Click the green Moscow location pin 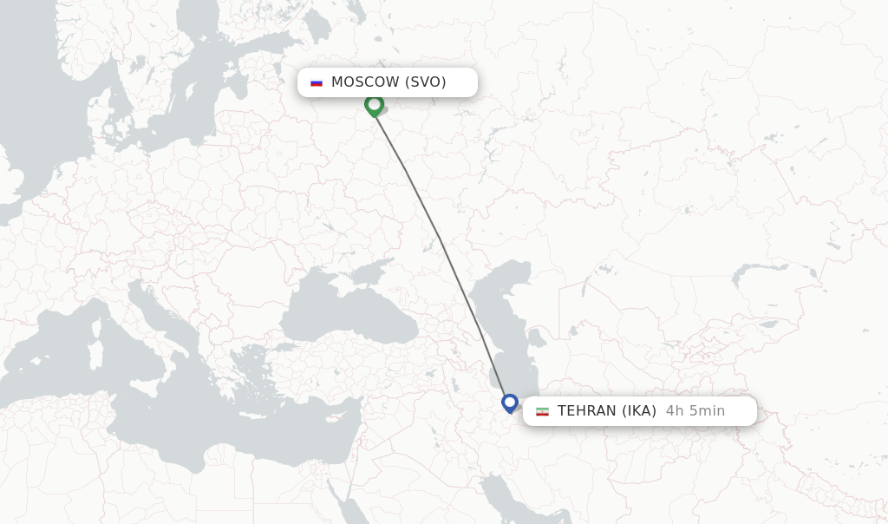[x=374, y=105]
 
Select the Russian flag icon [x=317, y=82]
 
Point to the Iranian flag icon [x=542, y=411]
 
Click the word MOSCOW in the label [x=365, y=82]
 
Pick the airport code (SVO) [x=425, y=82]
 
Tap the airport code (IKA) [x=638, y=411]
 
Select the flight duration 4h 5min [x=695, y=411]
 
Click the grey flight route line [x=441, y=239]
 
